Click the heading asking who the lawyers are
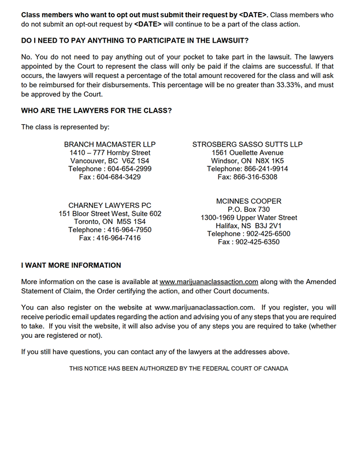[97, 110]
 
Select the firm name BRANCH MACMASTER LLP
[110, 144]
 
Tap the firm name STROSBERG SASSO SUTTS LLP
[247, 144]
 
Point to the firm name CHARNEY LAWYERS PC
[110, 206]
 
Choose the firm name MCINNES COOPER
[248, 202]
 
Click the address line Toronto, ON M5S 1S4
[110, 222]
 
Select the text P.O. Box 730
[248, 210]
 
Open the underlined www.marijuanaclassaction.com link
[209, 282]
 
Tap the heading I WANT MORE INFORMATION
[71, 266]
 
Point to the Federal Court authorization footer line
[179, 368]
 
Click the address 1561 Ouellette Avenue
[247, 152]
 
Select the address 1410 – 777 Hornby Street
[110, 152]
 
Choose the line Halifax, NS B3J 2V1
[248, 226]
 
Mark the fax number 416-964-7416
[118, 238]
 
